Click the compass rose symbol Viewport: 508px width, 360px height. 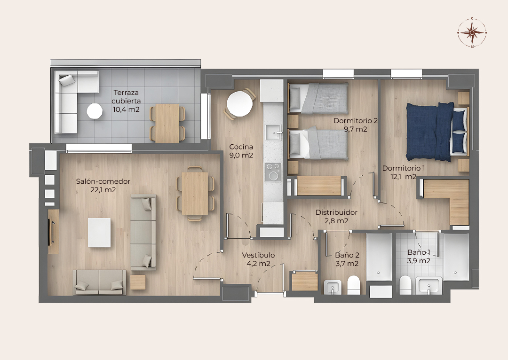472,32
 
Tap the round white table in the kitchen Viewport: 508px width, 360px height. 239,103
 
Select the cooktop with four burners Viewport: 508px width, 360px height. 273,172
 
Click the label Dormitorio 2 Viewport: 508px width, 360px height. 356,121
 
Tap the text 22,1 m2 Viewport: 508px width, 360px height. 103,190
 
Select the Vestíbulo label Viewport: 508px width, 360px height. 258,255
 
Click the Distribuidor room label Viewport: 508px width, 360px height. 336,212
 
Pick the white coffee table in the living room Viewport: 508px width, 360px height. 99,233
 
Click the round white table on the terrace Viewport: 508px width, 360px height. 94,111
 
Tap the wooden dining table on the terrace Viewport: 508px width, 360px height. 167,123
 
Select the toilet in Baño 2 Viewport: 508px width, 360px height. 353,285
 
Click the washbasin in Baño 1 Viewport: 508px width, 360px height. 429,286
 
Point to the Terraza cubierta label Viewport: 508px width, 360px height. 126,97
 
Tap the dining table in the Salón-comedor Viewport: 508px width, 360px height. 195,193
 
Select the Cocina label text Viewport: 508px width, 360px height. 241,147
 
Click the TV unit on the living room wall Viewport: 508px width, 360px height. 53,232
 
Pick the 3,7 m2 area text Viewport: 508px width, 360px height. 347,264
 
